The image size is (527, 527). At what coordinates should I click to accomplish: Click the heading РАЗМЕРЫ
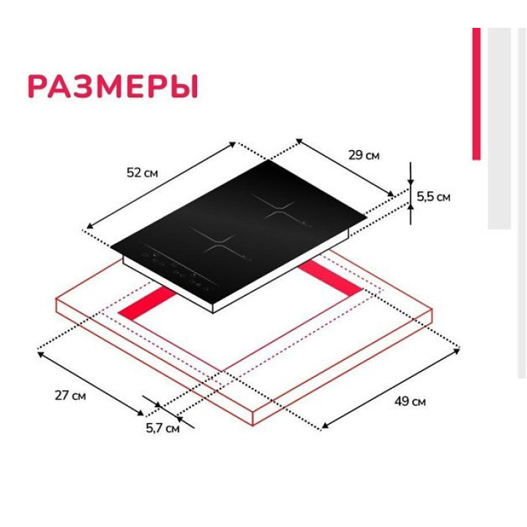coord(113,86)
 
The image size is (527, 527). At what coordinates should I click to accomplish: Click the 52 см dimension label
coord(142,173)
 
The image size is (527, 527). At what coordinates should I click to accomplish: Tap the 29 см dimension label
coord(364,155)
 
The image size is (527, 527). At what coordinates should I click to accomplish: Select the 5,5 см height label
coord(433,196)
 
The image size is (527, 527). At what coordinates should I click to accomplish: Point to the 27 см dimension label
coord(71,396)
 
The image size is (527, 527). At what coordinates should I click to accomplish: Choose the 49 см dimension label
coord(410,401)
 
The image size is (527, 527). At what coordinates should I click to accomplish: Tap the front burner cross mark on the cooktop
coord(213,242)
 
